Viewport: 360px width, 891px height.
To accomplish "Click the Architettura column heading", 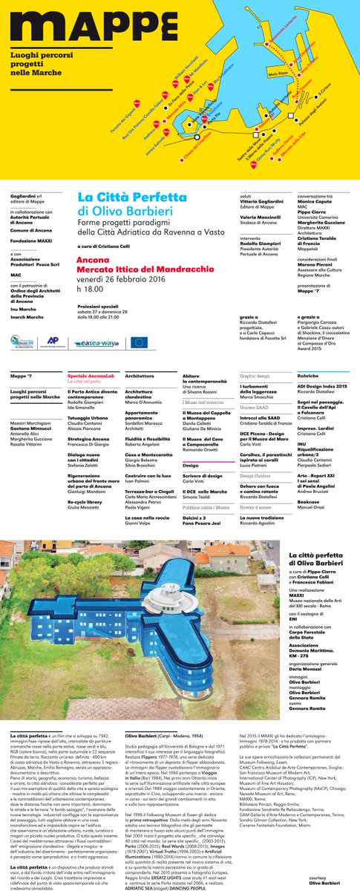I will tap(139, 376).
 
